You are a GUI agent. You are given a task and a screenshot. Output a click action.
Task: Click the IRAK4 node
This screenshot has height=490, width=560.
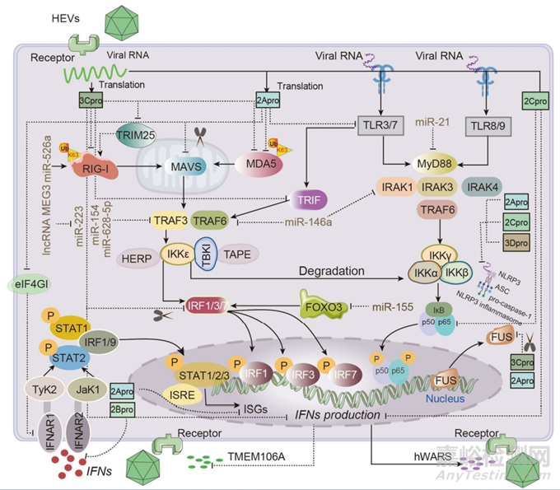tap(483, 187)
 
